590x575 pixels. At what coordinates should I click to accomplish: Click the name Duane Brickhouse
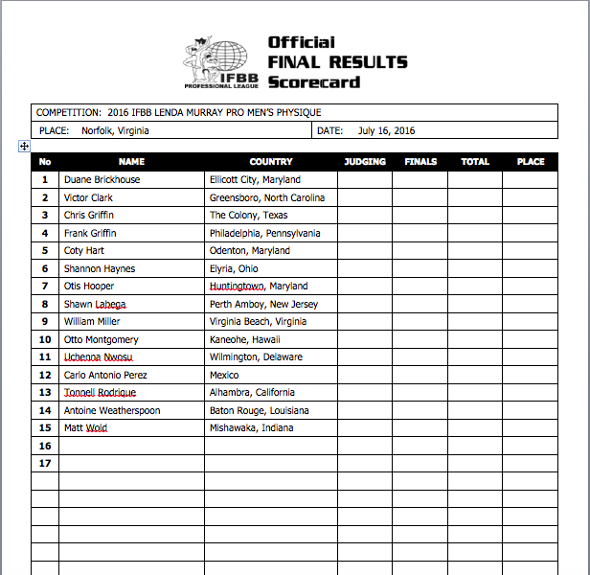[x=102, y=179]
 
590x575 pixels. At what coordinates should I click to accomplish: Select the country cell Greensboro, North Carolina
[x=267, y=197]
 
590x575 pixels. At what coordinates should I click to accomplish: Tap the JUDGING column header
[x=365, y=162]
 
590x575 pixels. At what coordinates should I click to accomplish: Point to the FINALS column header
[x=420, y=162]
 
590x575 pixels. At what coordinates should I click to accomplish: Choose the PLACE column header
[x=531, y=162]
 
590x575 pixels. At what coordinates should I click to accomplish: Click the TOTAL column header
[x=475, y=162]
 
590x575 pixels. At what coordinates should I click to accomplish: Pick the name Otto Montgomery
[x=101, y=339]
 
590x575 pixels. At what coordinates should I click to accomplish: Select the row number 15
[x=44, y=428]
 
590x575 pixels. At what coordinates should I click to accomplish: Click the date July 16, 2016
[x=387, y=131]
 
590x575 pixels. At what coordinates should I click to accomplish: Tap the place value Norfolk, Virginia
[x=115, y=131]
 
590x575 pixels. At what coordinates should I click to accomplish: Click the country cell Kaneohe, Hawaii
[x=246, y=339]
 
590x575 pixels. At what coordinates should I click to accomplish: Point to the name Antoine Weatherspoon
[x=112, y=410]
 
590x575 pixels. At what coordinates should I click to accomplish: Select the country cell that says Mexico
[x=224, y=375]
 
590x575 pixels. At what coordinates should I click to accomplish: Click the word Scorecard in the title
[x=314, y=81]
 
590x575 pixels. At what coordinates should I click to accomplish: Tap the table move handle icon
[x=24, y=147]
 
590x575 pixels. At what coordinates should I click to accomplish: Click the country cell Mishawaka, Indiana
[x=253, y=428]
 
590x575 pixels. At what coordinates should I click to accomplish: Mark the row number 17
[x=44, y=464]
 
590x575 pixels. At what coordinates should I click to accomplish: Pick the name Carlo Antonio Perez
[x=105, y=375]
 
